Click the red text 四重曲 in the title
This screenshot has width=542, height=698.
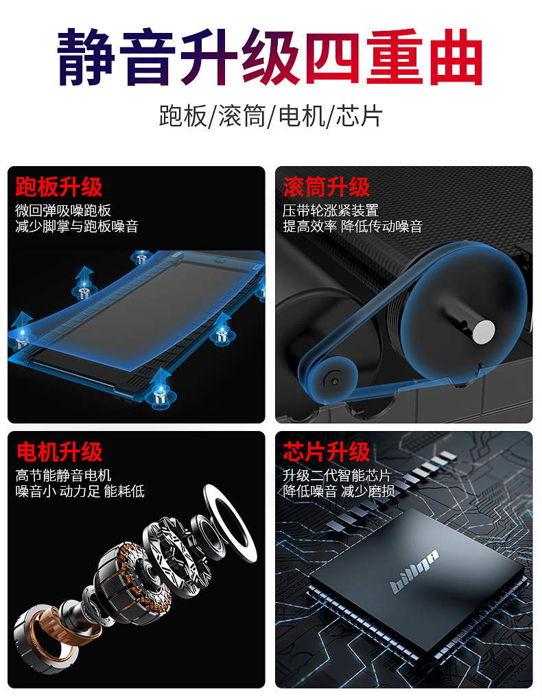point(394,57)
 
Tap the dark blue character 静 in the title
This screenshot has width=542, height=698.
point(86,57)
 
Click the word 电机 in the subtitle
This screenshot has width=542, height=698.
point(302,116)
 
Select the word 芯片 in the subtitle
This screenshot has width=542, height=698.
point(359,116)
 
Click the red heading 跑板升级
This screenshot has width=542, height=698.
point(59,187)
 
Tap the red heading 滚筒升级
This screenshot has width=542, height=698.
point(327,187)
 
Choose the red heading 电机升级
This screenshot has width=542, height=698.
point(59,452)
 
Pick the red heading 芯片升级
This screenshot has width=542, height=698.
point(327,452)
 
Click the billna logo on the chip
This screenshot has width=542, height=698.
point(414,572)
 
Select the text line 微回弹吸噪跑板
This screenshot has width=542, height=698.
point(63,211)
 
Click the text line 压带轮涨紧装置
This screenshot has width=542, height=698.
point(331,211)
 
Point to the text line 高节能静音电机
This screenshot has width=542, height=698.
point(63,476)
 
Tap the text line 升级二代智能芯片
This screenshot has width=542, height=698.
point(338,476)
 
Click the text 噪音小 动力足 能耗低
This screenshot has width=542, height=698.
point(80,491)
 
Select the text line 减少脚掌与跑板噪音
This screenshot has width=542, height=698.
point(77,226)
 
